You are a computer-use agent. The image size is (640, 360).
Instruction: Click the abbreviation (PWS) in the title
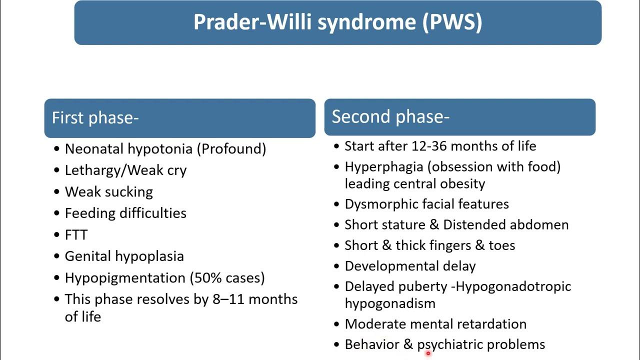coord(452,22)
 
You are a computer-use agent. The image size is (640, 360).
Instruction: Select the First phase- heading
coord(95,118)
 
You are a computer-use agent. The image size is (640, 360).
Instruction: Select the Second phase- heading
coord(390,116)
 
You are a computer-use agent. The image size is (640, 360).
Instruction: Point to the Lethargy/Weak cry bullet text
coord(125,170)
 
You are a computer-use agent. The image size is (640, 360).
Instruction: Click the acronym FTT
coord(76,235)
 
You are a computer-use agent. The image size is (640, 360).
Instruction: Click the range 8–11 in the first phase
coord(225,299)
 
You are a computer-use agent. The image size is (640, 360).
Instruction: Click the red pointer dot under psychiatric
coord(428,353)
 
